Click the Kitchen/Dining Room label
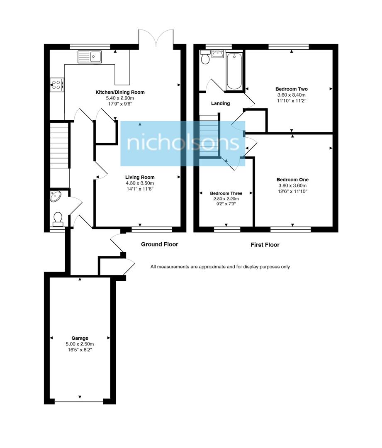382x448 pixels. (120, 92)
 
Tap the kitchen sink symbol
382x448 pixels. (89, 56)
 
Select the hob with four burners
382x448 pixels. (57, 85)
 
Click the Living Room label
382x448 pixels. (140, 177)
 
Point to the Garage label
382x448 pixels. (80, 338)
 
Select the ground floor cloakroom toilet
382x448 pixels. (58, 218)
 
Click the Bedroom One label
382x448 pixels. (292, 180)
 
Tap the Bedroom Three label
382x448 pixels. (226, 193)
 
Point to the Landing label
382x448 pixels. (220, 103)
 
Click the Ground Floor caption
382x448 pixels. (159, 244)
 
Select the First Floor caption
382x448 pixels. (265, 245)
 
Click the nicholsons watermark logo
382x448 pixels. (183, 144)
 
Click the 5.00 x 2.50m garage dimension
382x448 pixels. (80, 344)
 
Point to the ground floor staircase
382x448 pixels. (59, 145)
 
